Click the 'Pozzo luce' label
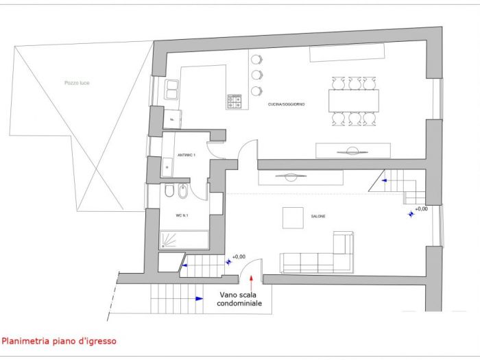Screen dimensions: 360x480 tap(77, 83)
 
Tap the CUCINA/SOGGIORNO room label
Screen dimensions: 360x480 tap(287, 104)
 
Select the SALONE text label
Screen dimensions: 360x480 tap(317, 217)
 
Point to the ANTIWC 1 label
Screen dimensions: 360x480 tap(186, 156)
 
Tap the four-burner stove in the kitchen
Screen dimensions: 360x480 tap(235, 101)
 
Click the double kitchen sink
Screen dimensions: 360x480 tap(172, 88)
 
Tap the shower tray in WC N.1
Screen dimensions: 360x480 tap(184, 239)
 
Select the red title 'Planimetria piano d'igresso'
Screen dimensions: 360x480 tap(59, 340)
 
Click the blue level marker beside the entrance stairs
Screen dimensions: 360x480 tap(228, 261)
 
